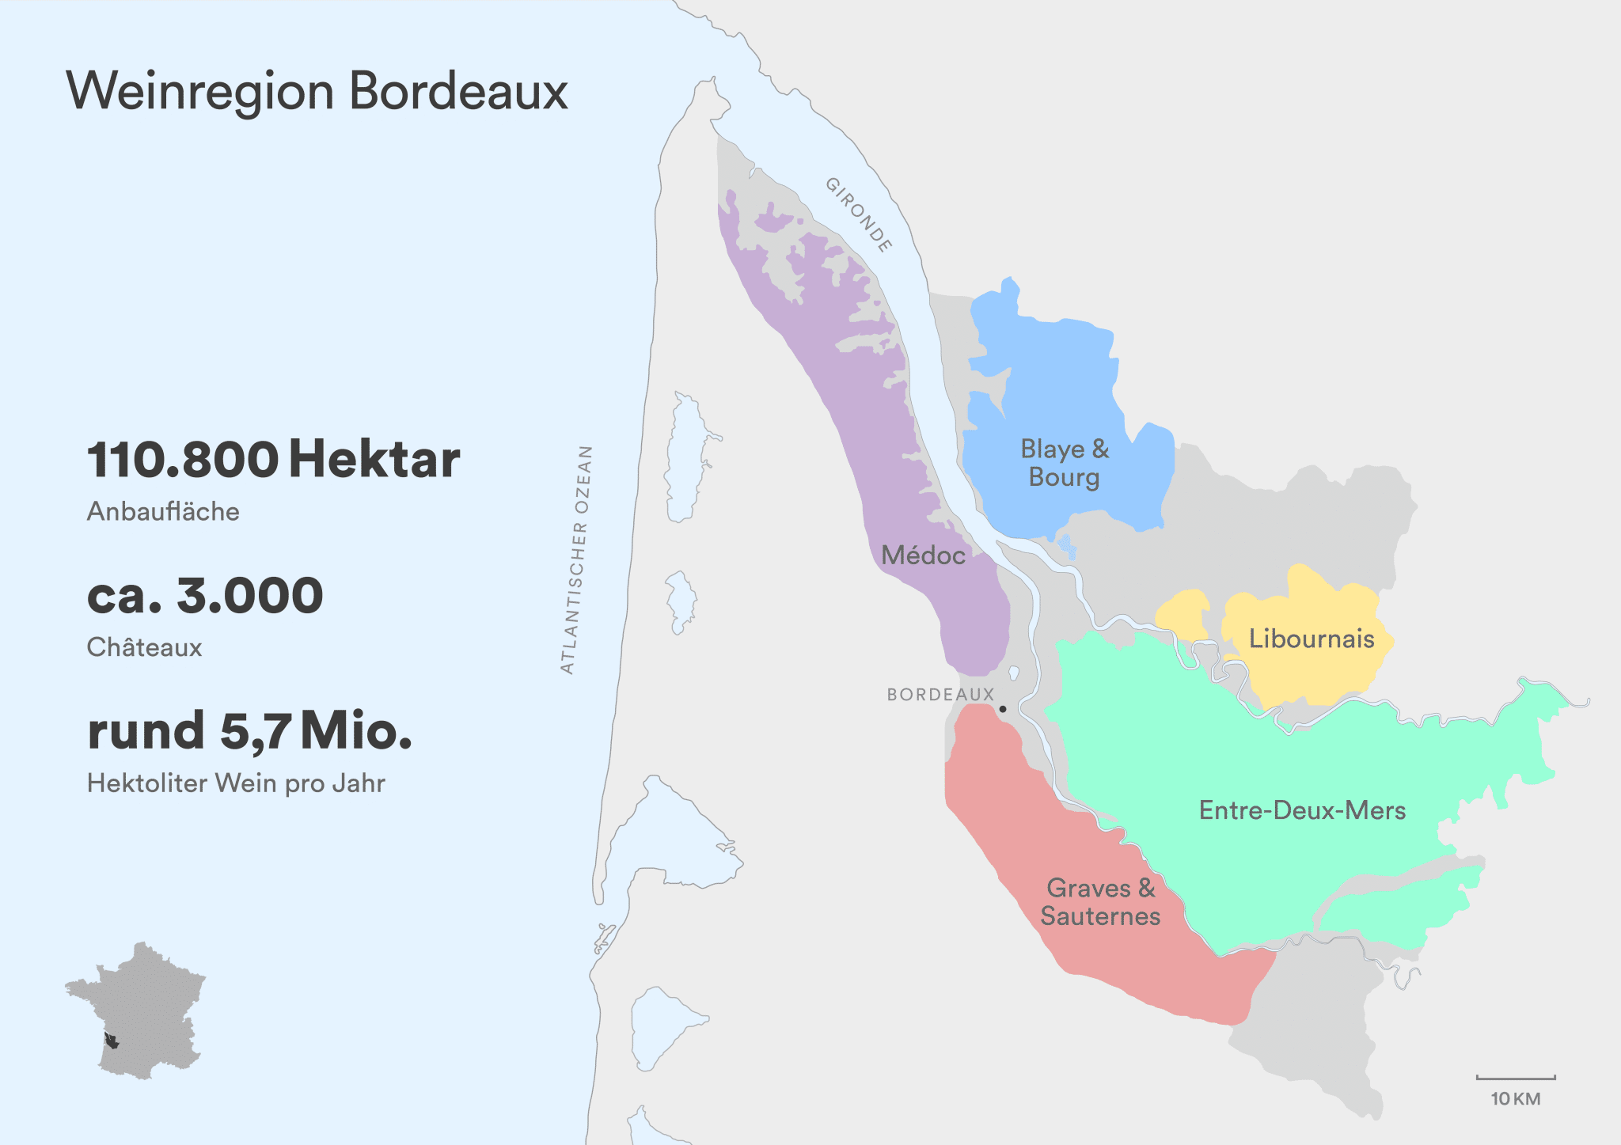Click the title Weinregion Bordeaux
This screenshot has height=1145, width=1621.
click(317, 91)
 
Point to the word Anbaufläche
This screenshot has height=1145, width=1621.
click(163, 511)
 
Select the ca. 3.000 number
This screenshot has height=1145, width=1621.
click(205, 595)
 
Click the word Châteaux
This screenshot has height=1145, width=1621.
click(144, 647)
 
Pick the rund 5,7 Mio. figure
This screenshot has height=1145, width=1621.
click(249, 730)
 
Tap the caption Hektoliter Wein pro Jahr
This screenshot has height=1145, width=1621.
click(236, 783)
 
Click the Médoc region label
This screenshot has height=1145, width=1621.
click(923, 555)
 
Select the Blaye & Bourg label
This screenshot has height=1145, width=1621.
click(1065, 463)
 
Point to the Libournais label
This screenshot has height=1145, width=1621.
click(1311, 639)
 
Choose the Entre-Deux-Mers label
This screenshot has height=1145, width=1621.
click(1302, 810)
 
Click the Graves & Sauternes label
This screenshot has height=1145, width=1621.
click(1100, 902)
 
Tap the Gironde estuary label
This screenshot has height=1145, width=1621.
click(860, 214)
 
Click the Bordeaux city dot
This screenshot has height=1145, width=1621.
click(1003, 709)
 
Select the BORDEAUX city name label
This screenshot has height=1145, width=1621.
click(940, 695)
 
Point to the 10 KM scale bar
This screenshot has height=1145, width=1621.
click(1515, 1078)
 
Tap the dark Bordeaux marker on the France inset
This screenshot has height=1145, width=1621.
click(112, 1041)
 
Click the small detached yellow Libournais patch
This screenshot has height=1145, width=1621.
click(1183, 614)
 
